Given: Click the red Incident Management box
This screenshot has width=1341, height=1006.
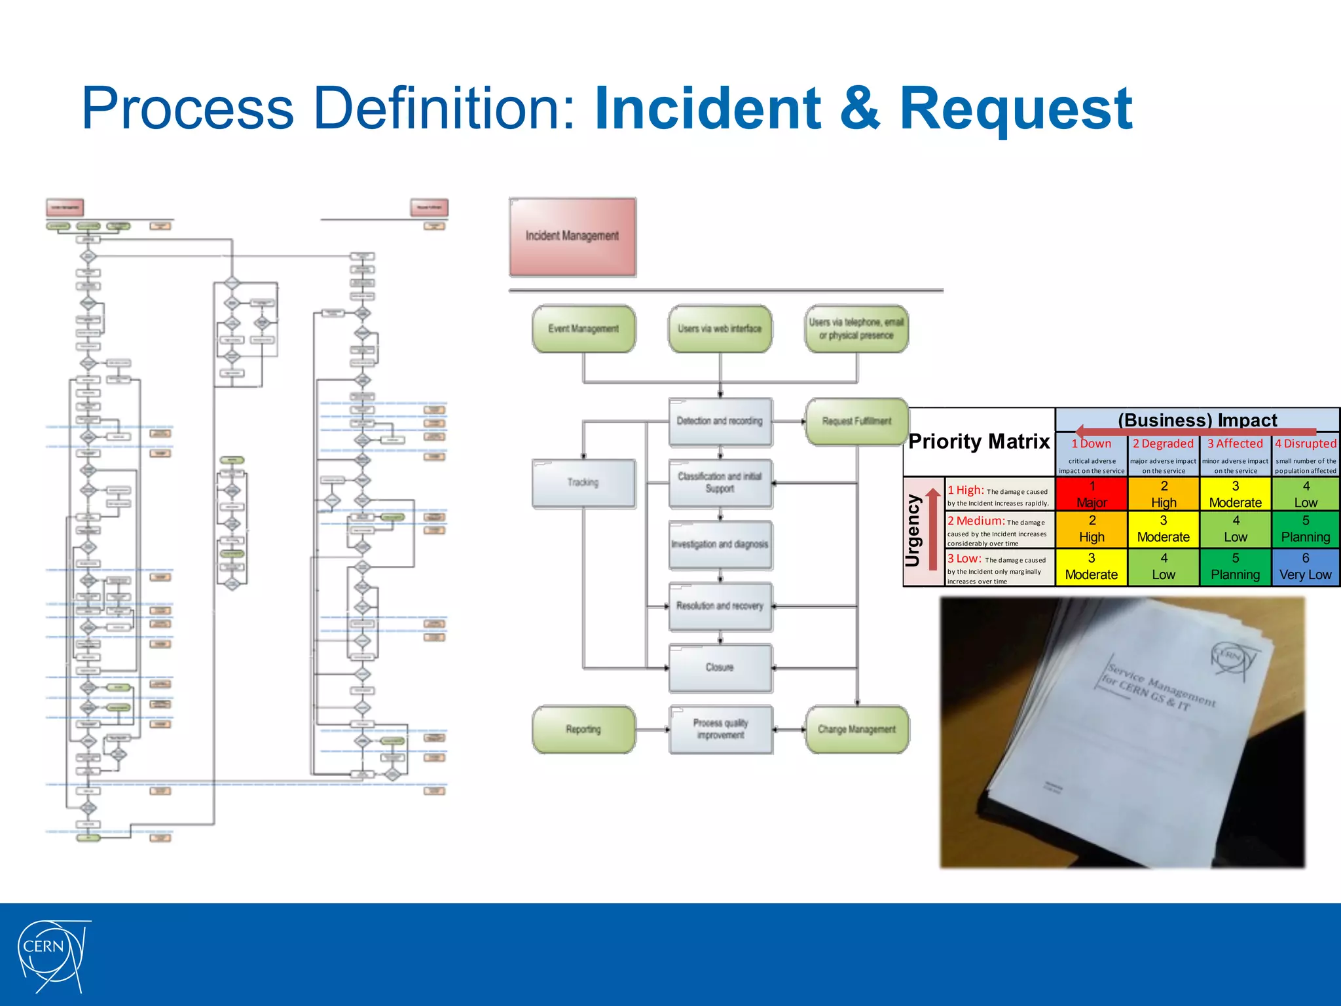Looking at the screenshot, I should pos(572,236).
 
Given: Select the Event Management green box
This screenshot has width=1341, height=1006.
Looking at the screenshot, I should pos(583,329).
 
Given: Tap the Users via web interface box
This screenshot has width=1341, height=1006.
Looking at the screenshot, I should pos(720,329).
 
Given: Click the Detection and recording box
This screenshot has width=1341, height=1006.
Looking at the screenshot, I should pos(720,421).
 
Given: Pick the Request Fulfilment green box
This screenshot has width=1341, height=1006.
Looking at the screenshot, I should pos(856,421).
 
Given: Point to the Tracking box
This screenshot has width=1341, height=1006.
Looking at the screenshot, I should pos(583,483).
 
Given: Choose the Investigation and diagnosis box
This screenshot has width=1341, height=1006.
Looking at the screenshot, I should pos(720,545).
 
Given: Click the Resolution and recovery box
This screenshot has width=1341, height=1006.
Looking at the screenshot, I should pos(720,606).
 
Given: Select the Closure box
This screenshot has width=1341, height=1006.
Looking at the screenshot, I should pos(720,668).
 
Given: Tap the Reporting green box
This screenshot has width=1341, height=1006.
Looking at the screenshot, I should pos(583,730).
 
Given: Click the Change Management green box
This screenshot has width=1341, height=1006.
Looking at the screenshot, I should pos(856,730).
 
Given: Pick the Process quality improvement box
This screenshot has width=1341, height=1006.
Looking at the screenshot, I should pos(720,730).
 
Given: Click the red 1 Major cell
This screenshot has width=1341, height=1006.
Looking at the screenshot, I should pos(1092,494).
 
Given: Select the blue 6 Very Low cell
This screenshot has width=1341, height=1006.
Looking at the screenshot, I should pos(1305,567).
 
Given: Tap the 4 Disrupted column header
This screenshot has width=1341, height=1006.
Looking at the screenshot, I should pos(1305,444).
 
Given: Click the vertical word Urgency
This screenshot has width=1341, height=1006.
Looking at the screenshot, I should pos(913,531).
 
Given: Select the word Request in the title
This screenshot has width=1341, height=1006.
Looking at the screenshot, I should pos(1016,109).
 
